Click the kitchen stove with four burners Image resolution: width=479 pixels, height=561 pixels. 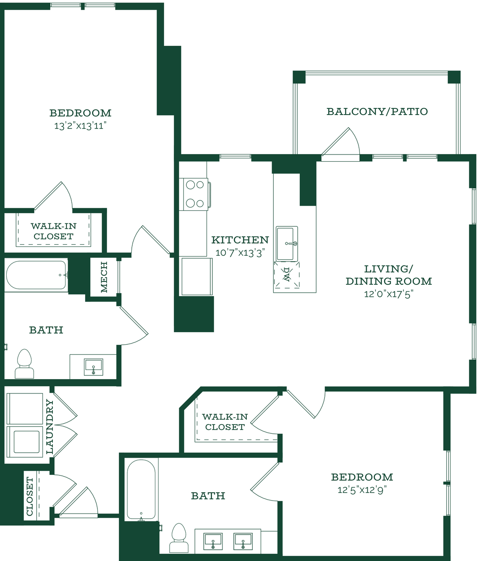click(x=195, y=194)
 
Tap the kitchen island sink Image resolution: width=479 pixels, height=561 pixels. click(x=287, y=244)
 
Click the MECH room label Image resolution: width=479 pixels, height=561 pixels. click(x=104, y=277)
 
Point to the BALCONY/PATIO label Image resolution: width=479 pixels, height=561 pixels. click(x=377, y=111)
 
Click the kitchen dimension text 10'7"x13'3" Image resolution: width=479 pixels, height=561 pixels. click(x=240, y=253)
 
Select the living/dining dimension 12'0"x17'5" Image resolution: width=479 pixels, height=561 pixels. click(x=389, y=294)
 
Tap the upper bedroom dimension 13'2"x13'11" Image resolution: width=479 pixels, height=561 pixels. click(x=80, y=126)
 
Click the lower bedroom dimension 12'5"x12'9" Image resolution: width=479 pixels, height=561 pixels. click(x=362, y=490)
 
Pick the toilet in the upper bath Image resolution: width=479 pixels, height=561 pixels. click(x=24, y=363)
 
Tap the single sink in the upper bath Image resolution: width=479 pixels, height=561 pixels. click(x=93, y=367)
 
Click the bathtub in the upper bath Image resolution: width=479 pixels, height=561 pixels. click(x=37, y=275)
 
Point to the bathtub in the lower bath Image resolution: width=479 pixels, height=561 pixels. click(x=141, y=489)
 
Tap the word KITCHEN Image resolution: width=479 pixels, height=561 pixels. click(x=240, y=240)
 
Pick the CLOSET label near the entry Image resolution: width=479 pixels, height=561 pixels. click(x=29, y=496)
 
